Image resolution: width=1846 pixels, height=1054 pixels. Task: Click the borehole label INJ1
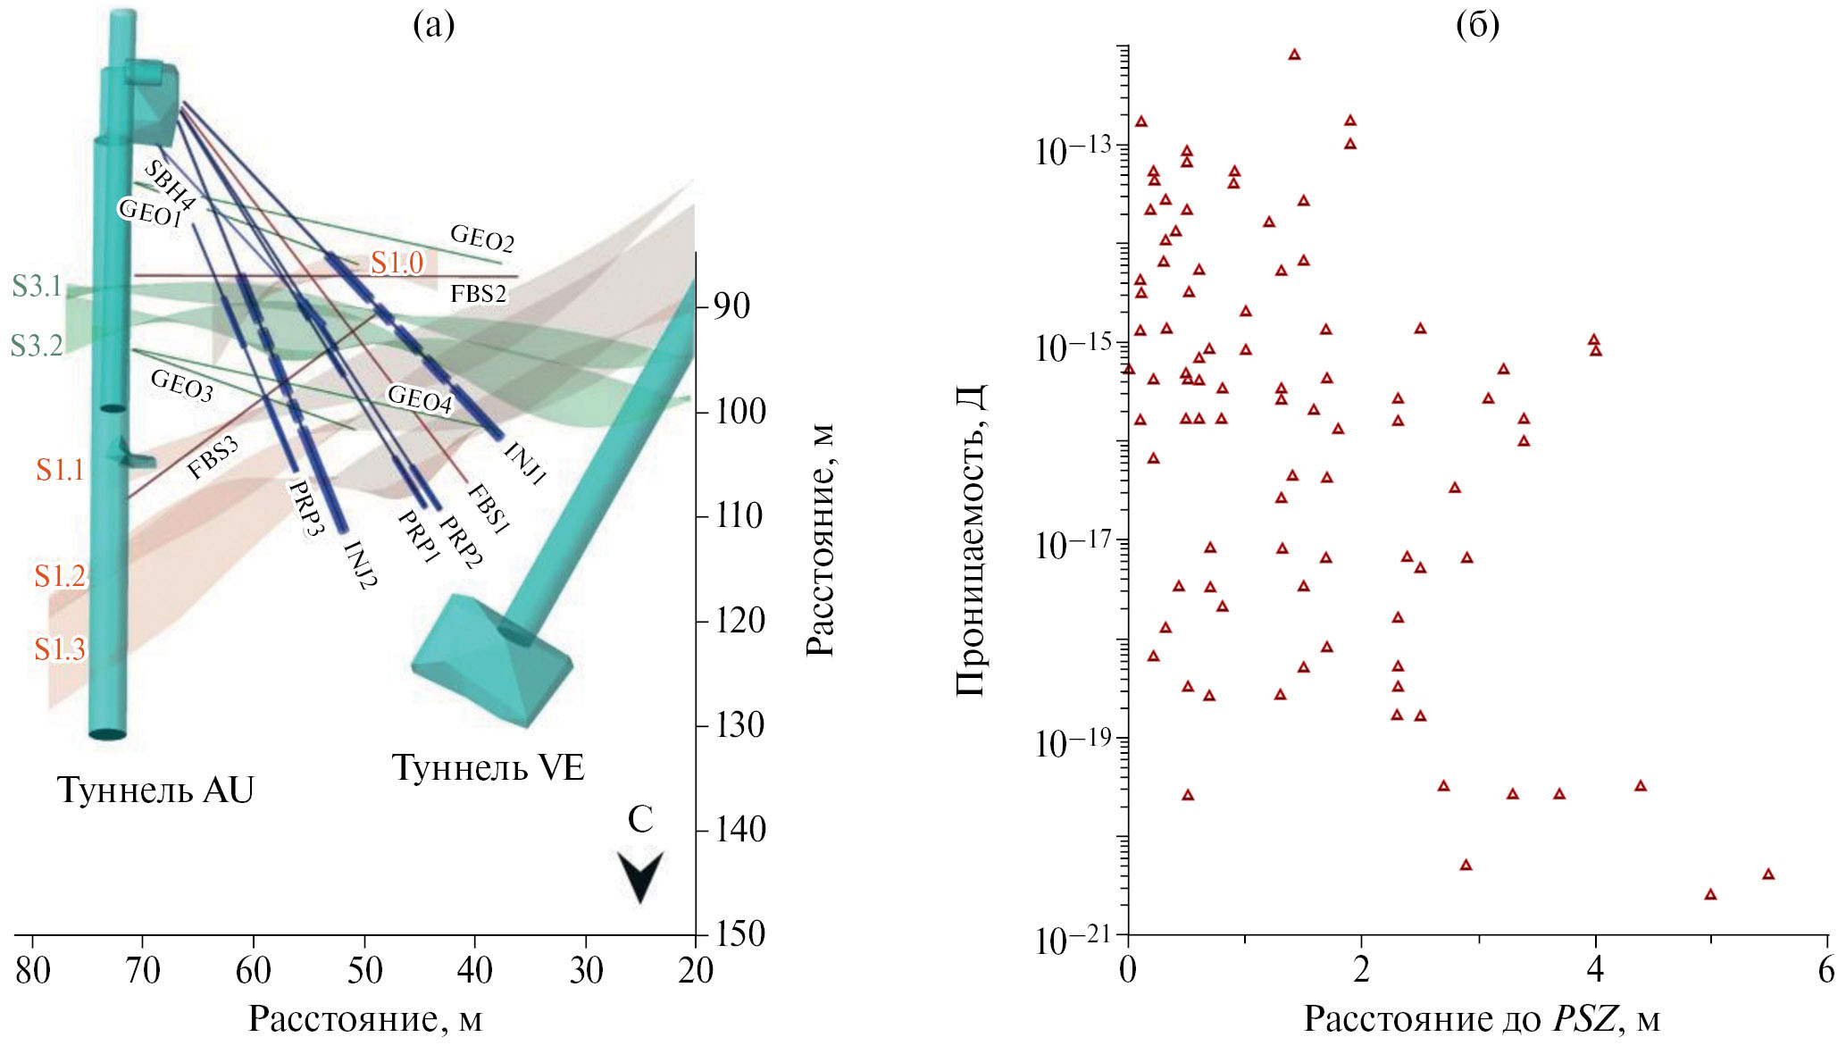[524, 463]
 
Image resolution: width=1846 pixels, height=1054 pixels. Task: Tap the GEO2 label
[481, 238]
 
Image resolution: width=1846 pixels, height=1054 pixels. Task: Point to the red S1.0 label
[397, 263]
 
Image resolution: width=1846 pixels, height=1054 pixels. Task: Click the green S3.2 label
[37, 346]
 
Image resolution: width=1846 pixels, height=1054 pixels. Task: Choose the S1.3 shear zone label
[60, 649]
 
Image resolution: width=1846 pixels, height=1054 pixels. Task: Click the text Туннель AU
[155, 790]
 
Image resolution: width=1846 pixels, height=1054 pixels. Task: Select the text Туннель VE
[488, 767]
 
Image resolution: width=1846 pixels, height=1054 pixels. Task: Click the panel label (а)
[433, 25]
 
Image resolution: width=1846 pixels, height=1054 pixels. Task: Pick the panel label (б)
[1477, 25]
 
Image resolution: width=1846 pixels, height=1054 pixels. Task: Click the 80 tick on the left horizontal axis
[33, 970]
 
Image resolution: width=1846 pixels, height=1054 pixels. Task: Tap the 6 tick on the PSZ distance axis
[1826, 970]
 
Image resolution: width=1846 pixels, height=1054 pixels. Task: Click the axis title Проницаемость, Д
[972, 540]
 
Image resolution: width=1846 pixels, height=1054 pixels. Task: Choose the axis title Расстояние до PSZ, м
[1482, 1019]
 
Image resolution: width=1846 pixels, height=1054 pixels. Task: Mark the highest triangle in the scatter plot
[1294, 54]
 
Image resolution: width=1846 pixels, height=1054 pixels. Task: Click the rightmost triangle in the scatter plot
[1767, 874]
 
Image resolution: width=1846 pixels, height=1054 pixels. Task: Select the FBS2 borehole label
[479, 293]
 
